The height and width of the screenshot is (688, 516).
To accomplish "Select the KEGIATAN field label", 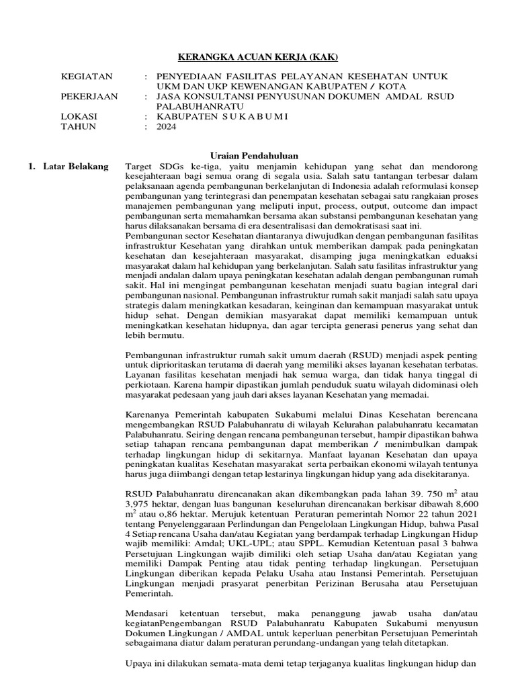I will point(87,77).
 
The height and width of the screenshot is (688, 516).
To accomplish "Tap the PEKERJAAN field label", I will point(89,96).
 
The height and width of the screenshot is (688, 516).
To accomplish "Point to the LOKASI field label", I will point(79,116).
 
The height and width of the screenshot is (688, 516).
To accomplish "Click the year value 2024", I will point(166,126).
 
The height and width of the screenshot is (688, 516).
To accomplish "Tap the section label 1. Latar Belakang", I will point(68,166).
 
